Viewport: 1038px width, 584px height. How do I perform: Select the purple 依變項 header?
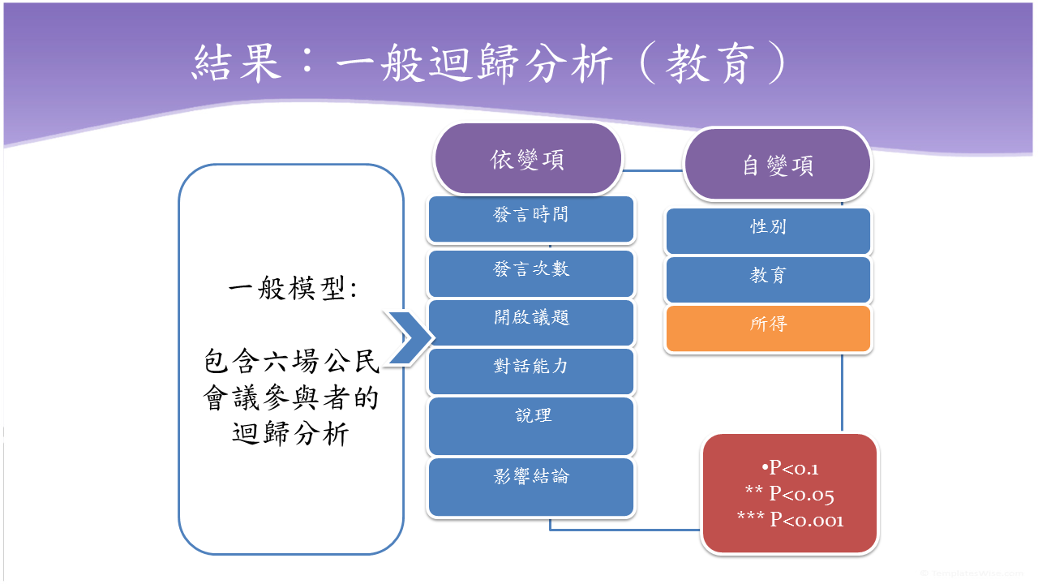(x=528, y=160)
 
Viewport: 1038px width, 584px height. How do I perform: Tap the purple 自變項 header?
(x=777, y=165)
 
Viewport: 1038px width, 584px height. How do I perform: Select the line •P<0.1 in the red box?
(x=790, y=468)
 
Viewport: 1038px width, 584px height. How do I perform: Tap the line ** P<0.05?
(x=790, y=494)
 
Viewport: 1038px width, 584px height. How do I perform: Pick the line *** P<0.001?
(x=790, y=520)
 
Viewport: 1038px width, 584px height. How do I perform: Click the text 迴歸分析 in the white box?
(x=290, y=435)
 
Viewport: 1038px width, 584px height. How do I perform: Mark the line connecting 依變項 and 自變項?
(x=653, y=170)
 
